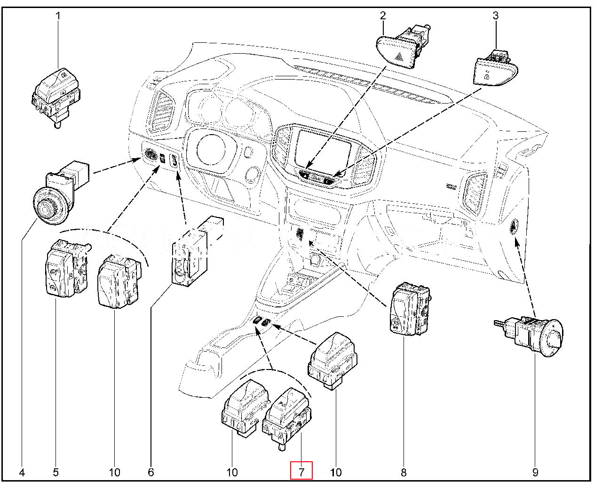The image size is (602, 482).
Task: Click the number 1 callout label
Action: pyautogui.click(x=58, y=16)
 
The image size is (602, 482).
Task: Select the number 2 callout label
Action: pyautogui.click(x=383, y=16)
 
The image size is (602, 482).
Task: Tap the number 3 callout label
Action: pyautogui.click(x=495, y=16)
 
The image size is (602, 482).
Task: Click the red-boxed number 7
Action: pyautogui.click(x=301, y=471)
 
